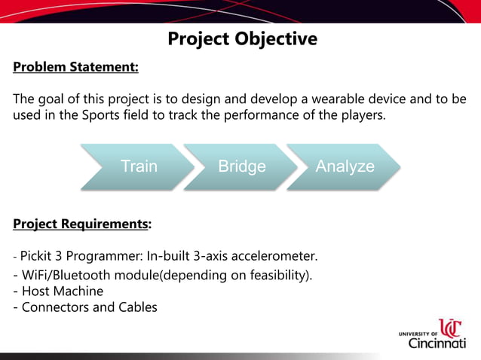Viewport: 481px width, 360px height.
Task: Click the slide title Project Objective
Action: [242, 38]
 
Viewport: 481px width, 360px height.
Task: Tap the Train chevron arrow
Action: [139, 166]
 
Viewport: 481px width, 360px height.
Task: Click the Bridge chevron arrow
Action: [241, 166]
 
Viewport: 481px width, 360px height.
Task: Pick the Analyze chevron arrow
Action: [345, 166]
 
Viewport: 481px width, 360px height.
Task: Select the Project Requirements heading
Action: [81, 224]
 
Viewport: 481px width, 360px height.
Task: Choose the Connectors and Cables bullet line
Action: [85, 307]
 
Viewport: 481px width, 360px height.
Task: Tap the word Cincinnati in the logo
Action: [437, 343]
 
